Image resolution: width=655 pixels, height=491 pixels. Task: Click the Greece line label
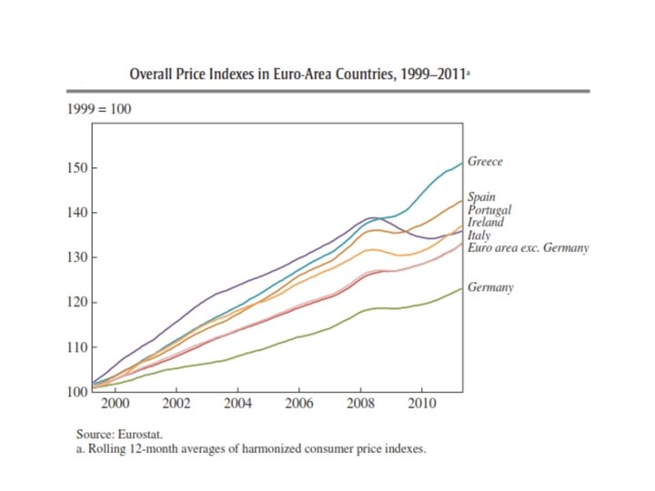pyautogui.click(x=485, y=162)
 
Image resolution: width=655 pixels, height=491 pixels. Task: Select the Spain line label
pyautogui.click(x=481, y=196)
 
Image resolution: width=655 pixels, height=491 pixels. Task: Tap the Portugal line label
pyautogui.click(x=489, y=209)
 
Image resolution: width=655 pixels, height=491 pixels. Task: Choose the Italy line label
pyautogui.click(x=479, y=235)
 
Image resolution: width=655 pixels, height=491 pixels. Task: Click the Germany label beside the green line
pyautogui.click(x=490, y=287)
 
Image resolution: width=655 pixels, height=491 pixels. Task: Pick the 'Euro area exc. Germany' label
pyautogui.click(x=529, y=247)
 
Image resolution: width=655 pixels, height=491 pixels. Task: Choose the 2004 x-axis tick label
pyautogui.click(x=237, y=404)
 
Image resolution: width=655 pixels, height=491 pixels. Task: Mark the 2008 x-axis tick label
pyautogui.click(x=360, y=404)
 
